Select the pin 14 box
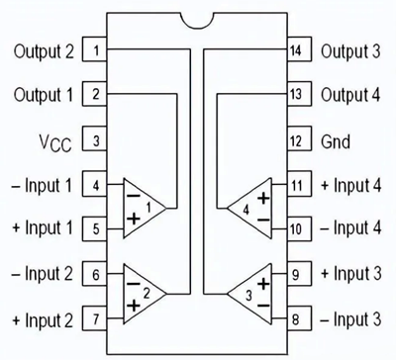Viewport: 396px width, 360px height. tap(295, 48)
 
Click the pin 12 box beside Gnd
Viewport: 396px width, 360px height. tap(295, 139)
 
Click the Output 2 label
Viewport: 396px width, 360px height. tap(43, 48)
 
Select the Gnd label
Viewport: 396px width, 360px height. tap(337, 139)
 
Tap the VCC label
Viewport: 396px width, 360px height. tap(53, 140)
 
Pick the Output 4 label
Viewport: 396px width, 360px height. tap(349, 94)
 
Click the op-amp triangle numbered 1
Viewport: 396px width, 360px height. tap(144, 208)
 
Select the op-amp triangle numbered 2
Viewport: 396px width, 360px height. tap(144, 294)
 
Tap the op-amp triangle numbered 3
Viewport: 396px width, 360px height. tap(247, 294)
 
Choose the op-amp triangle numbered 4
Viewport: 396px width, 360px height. tap(247, 208)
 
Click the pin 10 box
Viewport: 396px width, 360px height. tap(295, 228)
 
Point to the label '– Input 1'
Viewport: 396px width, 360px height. tap(42, 184)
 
